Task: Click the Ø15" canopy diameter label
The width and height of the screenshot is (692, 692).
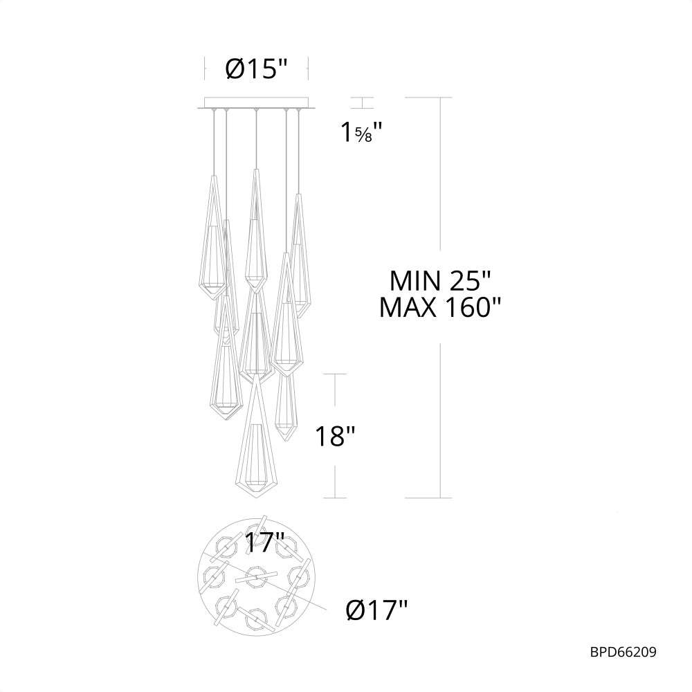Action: [256, 70]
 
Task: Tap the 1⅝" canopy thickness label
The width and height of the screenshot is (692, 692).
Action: [361, 131]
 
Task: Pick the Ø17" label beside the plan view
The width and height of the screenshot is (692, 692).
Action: [376, 610]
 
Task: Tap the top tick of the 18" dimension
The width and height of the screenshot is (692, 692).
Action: [336, 374]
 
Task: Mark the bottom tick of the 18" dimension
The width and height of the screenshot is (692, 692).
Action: [336, 498]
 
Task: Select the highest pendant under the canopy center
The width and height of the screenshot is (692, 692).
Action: [256, 228]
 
